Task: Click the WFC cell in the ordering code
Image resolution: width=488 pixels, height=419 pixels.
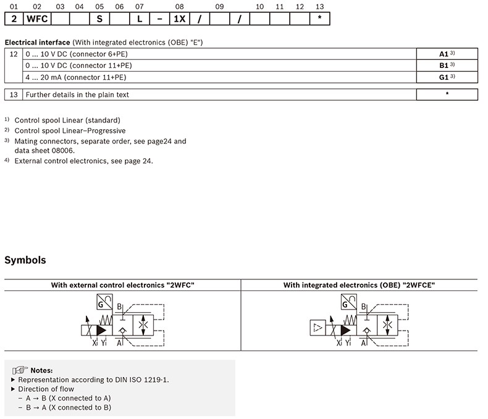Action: click(x=36, y=19)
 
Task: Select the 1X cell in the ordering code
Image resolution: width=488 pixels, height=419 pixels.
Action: click(x=180, y=19)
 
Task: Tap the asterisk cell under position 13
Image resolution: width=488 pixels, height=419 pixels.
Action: click(x=319, y=19)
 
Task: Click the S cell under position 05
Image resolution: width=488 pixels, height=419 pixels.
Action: click(x=99, y=19)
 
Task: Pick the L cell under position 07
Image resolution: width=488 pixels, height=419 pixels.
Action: click(x=140, y=19)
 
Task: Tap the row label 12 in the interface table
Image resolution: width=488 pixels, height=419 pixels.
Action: click(x=14, y=54)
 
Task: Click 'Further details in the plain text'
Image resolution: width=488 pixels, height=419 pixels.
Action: click(x=77, y=95)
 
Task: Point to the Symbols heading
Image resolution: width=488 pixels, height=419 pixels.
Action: click(x=25, y=260)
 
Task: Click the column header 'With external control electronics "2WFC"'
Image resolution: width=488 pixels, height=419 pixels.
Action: click(x=122, y=285)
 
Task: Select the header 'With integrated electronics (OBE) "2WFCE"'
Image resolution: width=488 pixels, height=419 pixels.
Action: click(x=360, y=285)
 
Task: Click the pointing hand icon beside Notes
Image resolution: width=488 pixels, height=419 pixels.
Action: click(x=20, y=370)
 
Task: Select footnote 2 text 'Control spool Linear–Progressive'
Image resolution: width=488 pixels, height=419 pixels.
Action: click(x=70, y=130)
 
